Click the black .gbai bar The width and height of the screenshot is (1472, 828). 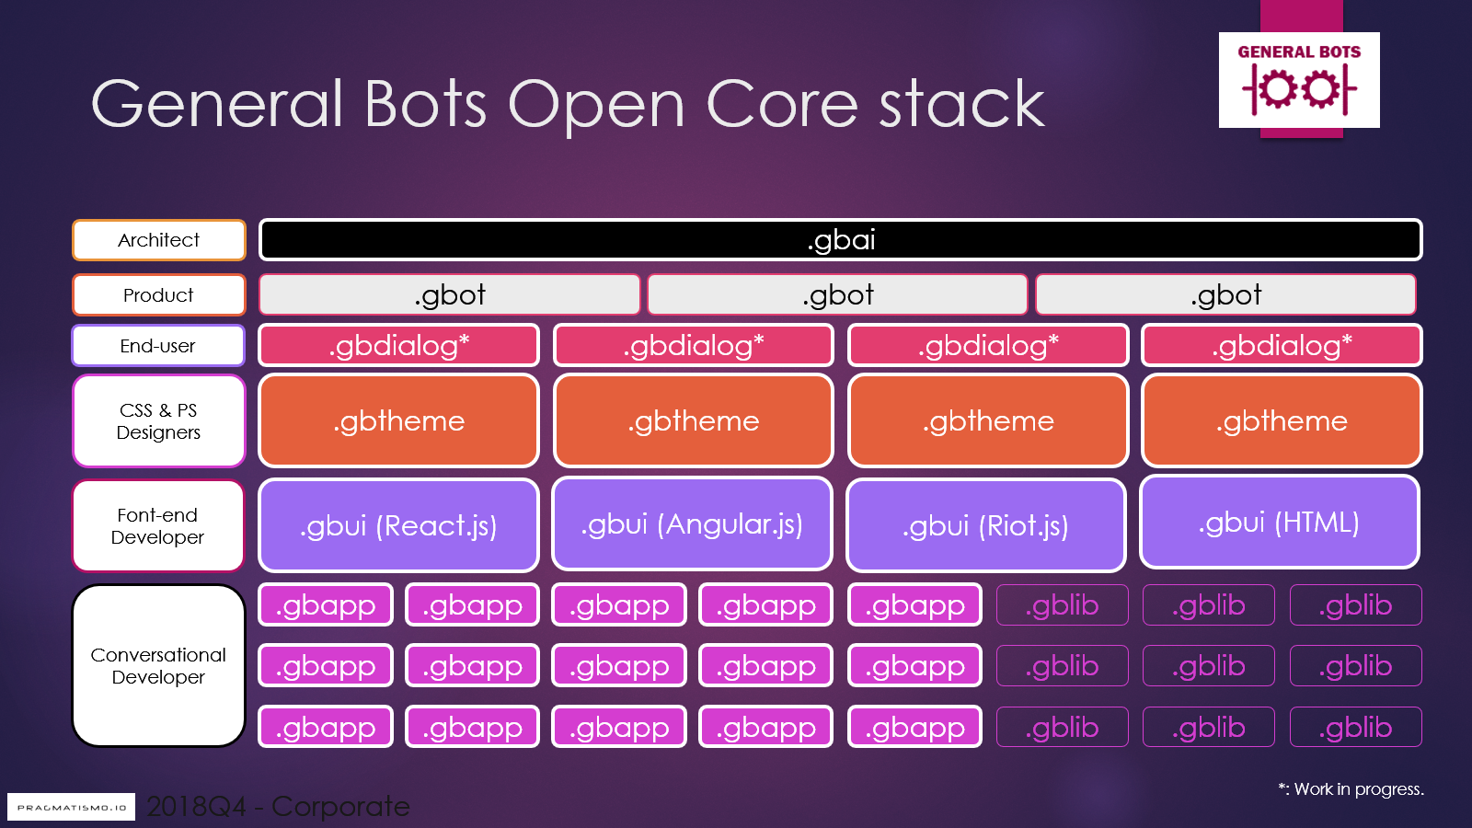tap(840, 240)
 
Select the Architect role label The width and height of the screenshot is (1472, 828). tap(159, 240)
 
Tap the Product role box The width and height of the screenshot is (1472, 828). tap(159, 295)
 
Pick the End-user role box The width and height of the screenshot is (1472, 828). tap(158, 346)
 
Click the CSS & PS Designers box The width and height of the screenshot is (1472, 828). tap(158, 421)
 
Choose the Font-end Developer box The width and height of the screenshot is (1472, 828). tap(158, 526)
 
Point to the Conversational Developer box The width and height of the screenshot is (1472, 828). tap(158, 666)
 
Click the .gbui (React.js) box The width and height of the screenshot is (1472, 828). tap(398, 525)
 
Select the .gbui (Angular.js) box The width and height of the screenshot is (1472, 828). tap(692, 524)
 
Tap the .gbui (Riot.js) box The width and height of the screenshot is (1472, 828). tap(986, 525)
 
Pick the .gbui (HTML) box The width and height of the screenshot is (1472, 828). tap(1280, 523)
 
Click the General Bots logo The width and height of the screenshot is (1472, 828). tap(1299, 80)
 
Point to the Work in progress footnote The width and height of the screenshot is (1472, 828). tap(1351, 789)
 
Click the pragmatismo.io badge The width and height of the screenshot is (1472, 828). tap(72, 807)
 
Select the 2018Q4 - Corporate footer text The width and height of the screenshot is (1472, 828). tap(278, 807)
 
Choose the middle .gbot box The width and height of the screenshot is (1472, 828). tap(837, 295)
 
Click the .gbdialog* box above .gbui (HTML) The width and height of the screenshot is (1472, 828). tap(1282, 346)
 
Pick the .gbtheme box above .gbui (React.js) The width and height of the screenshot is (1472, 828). tap(398, 421)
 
